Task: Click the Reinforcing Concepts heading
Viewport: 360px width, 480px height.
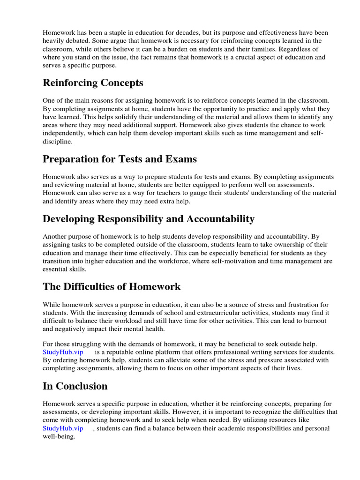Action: (x=93, y=83)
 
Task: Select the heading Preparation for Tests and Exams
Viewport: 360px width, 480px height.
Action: (x=120, y=159)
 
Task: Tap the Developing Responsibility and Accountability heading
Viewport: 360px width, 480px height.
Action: (x=149, y=219)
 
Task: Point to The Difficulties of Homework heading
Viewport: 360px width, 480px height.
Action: (x=112, y=286)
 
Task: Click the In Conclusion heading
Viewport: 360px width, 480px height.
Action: (x=75, y=386)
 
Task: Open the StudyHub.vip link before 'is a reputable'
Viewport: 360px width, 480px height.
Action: (x=63, y=352)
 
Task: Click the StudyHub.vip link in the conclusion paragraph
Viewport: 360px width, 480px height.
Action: (x=63, y=428)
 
